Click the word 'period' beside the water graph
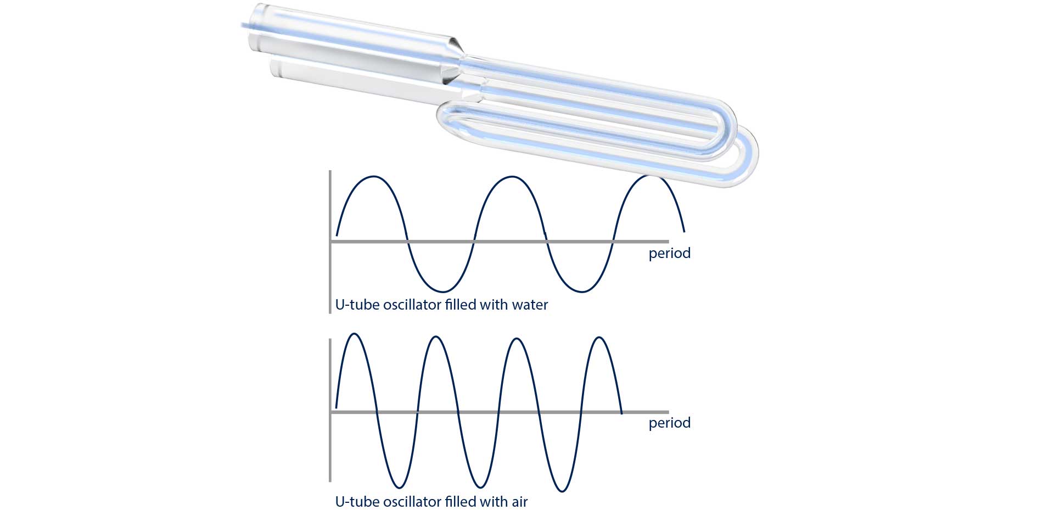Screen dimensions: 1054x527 (670, 254)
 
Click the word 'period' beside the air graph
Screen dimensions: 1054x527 (670, 423)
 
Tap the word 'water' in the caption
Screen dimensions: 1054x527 (530, 305)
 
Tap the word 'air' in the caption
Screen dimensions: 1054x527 (520, 502)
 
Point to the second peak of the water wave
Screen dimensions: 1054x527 (512, 177)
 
